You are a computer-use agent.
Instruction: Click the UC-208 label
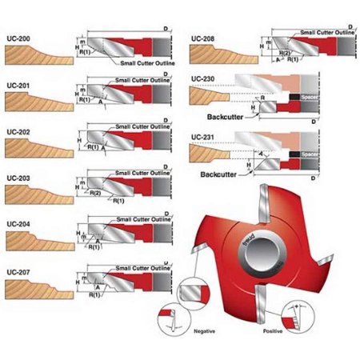[x=204, y=38]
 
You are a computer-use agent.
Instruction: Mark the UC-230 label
[x=204, y=78]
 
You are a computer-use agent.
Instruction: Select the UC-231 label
[x=204, y=137]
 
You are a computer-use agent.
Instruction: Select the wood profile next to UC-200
[x=36, y=56]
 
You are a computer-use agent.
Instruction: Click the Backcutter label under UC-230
[x=222, y=116]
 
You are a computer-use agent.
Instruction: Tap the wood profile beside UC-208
[x=224, y=54]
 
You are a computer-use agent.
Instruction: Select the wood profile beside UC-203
[x=36, y=195]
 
